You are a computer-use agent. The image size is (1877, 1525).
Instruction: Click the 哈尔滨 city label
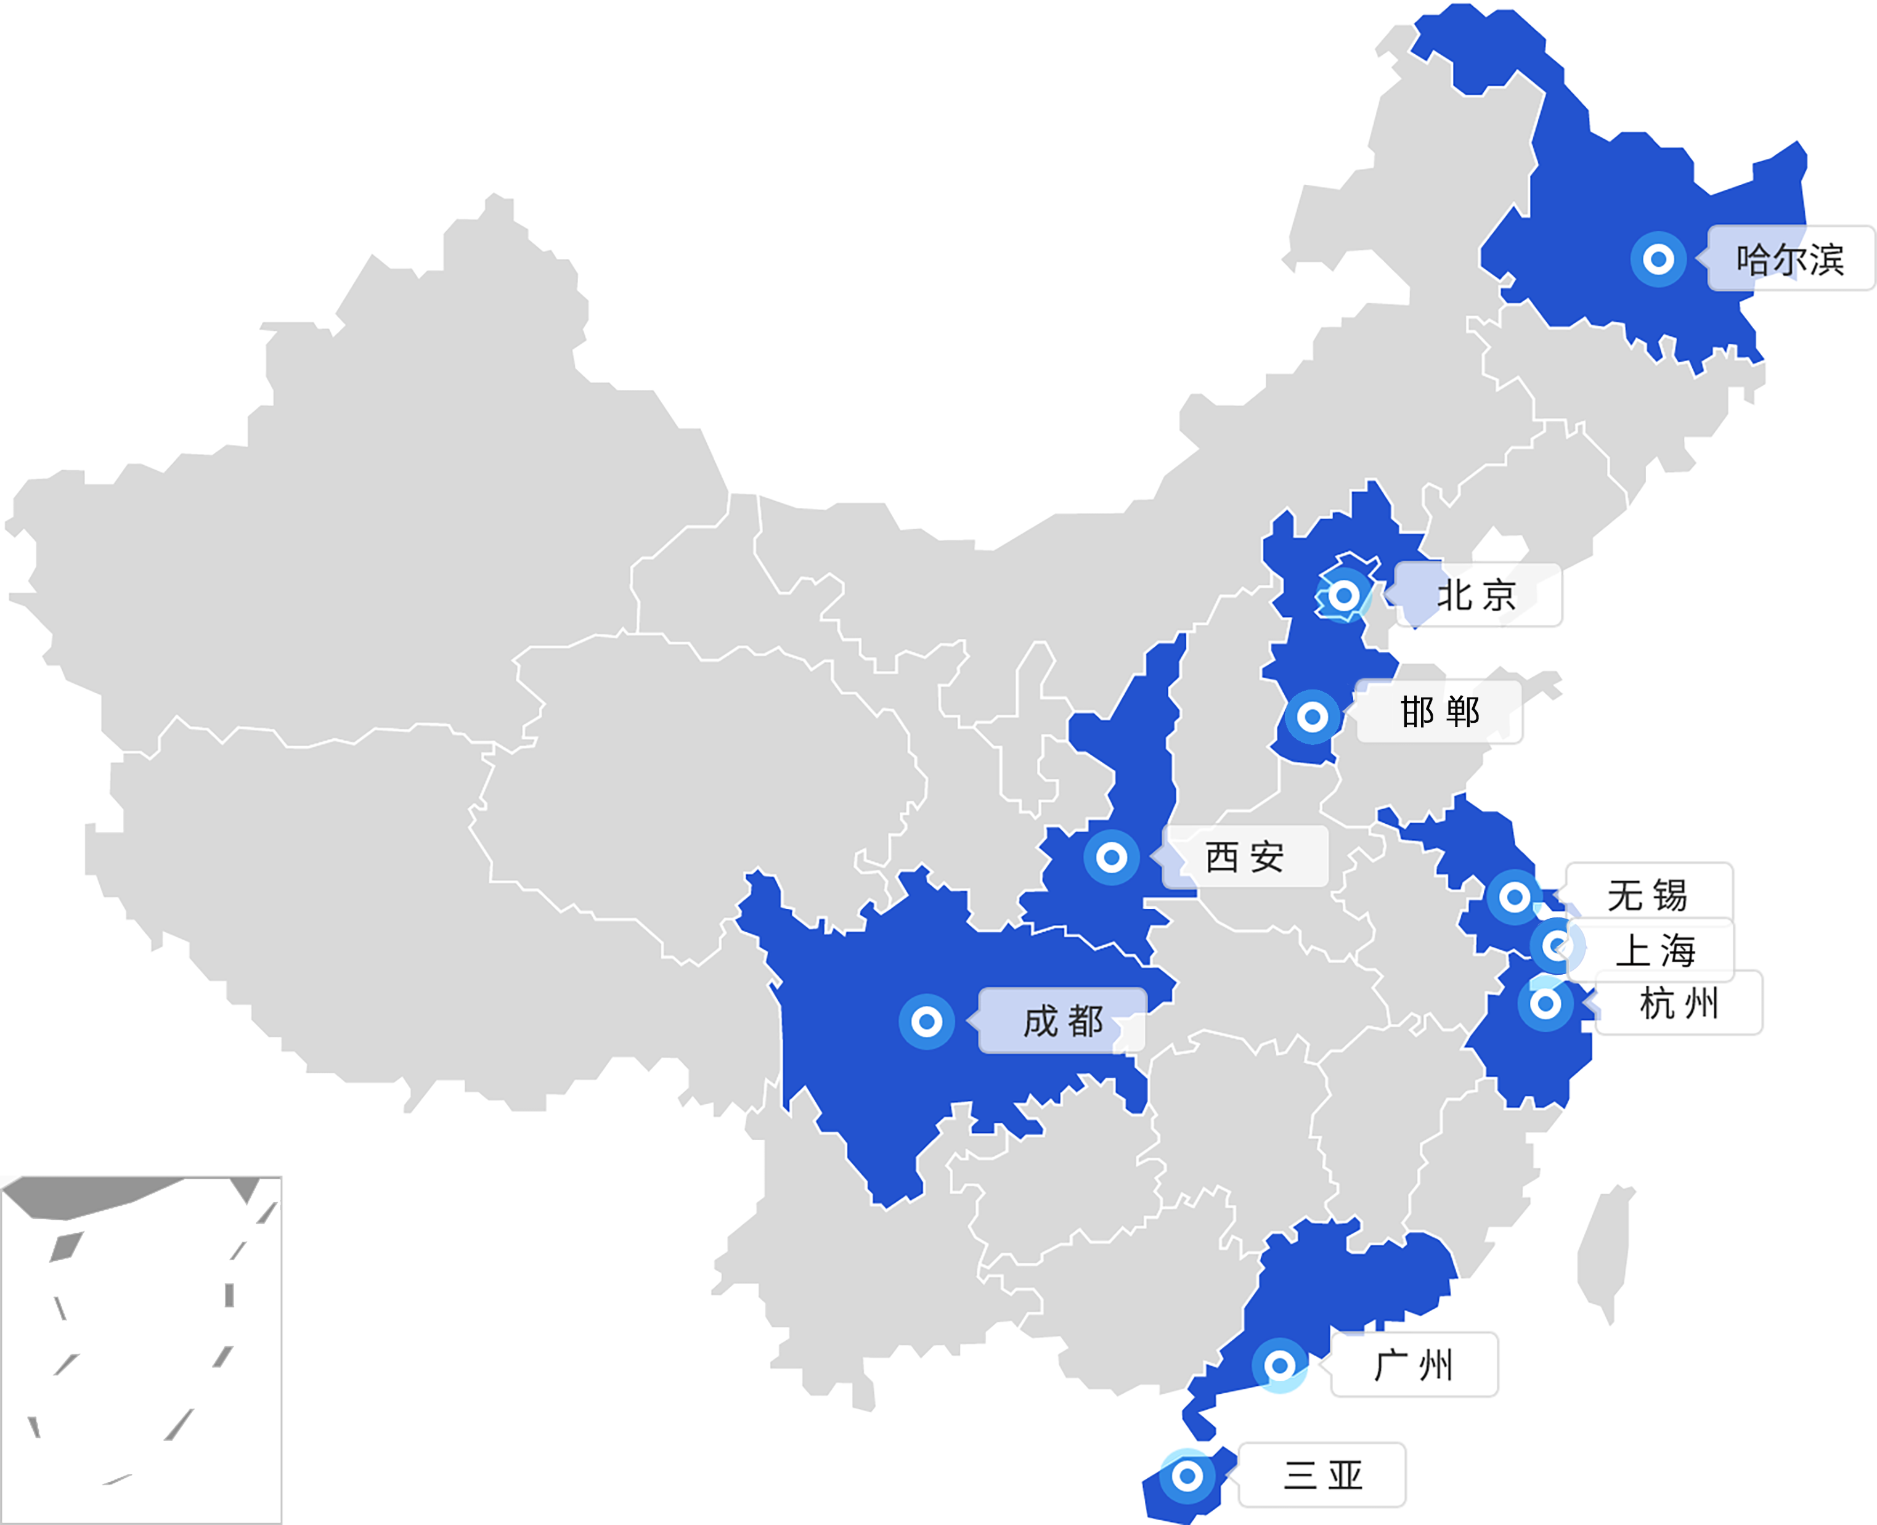click(x=1789, y=258)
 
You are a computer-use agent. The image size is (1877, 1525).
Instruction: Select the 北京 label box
click(x=1476, y=595)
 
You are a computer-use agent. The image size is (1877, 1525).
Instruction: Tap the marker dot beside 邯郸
click(x=1312, y=717)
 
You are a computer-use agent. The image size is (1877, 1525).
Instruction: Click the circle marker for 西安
click(x=1111, y=856)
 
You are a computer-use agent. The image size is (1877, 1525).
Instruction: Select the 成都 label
click(x=1063, y=1021)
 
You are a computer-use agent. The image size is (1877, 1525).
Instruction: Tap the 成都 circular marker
click(x=927, y=1021)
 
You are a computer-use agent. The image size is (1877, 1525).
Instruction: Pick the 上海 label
click(x=1655, y=950)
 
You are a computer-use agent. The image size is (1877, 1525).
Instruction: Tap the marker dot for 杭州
click(x=1545, y=1002)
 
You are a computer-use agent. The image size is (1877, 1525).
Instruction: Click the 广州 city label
click(x=1413, y=1364)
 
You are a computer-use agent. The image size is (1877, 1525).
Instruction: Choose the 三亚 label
click(x=1323, y=1474)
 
